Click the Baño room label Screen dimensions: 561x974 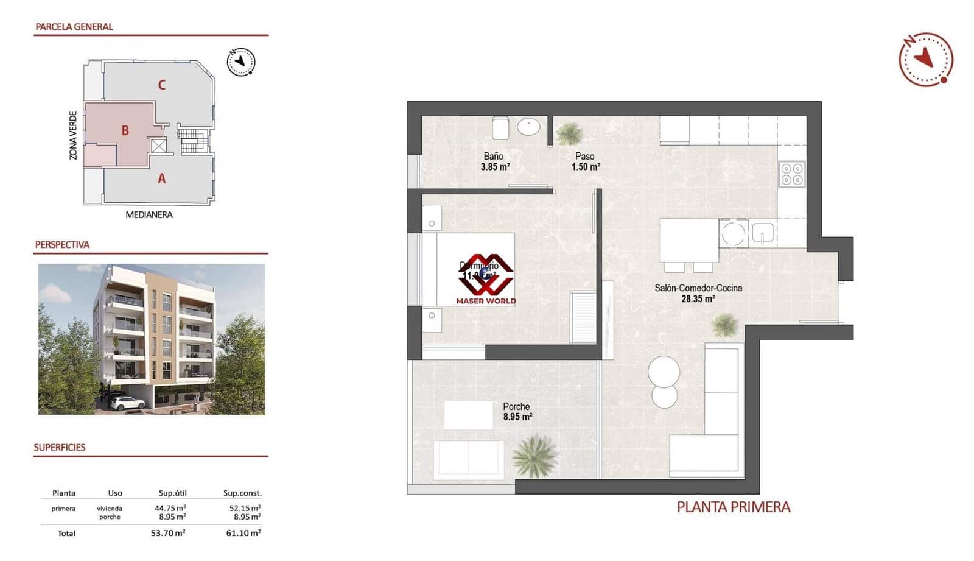493,157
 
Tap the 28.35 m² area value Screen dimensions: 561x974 698,299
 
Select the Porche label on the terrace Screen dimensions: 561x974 516,406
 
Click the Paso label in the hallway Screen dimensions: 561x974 584,157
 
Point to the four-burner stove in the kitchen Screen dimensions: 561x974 792,174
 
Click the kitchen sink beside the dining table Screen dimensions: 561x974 762,233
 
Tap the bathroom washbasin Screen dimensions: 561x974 528,127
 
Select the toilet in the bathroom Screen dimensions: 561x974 501,127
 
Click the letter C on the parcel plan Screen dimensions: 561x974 161,85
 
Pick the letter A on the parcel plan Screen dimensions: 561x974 161,178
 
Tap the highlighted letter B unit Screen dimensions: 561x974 125,130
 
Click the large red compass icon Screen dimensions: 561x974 925,59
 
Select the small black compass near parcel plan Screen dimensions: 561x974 240,62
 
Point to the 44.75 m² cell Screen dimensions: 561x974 170,508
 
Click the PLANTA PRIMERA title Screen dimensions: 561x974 733,507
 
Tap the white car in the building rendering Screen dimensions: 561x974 128,403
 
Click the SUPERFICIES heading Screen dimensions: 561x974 60,447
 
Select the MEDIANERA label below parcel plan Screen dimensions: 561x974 149,214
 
